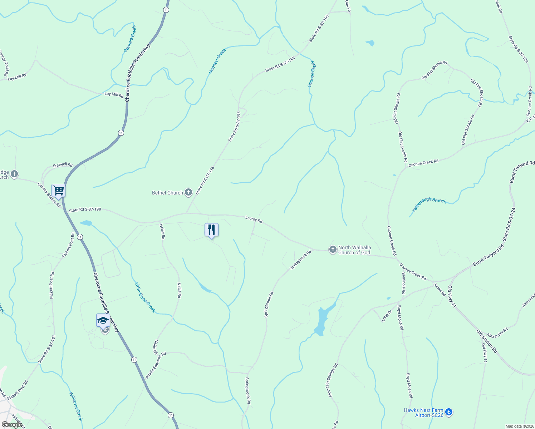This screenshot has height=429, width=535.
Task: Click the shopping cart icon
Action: tap(58, 190)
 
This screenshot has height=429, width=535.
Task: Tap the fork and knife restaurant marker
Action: tap(211, 230)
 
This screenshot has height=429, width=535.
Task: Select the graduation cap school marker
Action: tap(103, 320)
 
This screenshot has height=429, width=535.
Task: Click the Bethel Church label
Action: tap(167, 193)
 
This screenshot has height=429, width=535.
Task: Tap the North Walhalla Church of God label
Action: tap(354, 250)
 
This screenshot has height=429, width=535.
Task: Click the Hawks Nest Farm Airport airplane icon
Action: tap(449, 413)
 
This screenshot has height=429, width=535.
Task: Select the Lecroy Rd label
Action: tap(254, 220)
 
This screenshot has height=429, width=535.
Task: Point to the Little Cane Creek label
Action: tap(145, 297)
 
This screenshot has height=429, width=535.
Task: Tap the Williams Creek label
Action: tap(76, 406)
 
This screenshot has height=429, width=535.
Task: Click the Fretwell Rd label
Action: tap(63, 166)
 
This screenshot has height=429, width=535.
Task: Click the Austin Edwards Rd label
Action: tap(156, 365)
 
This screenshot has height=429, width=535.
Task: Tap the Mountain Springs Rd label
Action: tap(332, 381)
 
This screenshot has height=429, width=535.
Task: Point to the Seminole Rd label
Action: tap(403, 283)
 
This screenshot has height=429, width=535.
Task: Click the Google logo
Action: tap(12, 424)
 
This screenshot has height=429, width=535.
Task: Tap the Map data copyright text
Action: tap(519, 426)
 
